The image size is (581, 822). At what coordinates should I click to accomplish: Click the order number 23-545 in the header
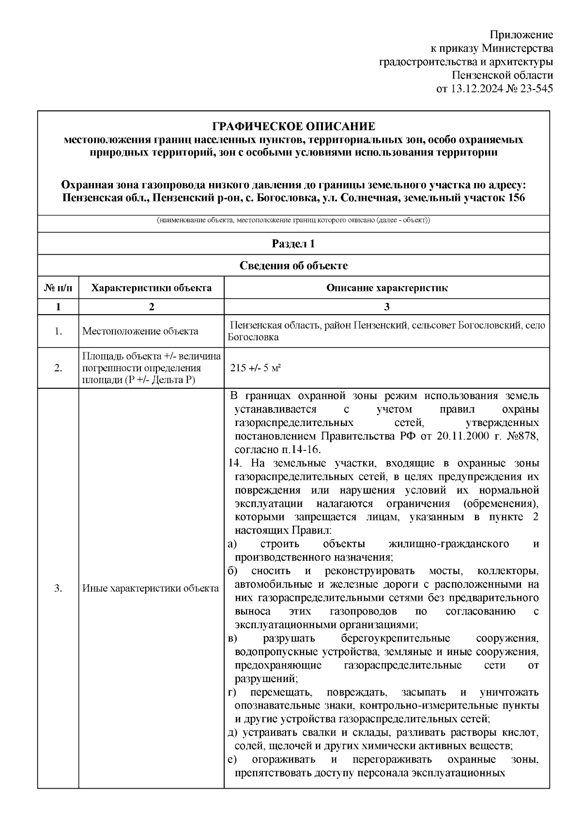[x=536, y=89]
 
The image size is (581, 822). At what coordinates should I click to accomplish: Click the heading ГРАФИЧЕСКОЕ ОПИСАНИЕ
[x=293, y=127]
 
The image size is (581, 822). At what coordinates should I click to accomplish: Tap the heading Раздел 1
[x=293, y=244]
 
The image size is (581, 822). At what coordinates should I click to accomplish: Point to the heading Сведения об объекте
[x=293, y=266]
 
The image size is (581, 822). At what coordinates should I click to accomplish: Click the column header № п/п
[x=58, y=288]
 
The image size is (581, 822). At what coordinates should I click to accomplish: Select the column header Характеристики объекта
[x=152, y=288]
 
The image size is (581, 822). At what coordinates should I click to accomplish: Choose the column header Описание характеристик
[x=386, y=288]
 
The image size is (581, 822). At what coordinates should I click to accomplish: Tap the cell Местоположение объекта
[x=140, y=331]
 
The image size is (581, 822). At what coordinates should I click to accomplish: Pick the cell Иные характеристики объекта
[x=151, y=589]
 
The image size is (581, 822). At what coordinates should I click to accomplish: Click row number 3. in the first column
[x=58, y=589]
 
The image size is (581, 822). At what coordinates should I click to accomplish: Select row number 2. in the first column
[x=58, y=368]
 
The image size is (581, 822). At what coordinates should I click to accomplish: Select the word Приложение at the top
[x=521, y=35]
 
